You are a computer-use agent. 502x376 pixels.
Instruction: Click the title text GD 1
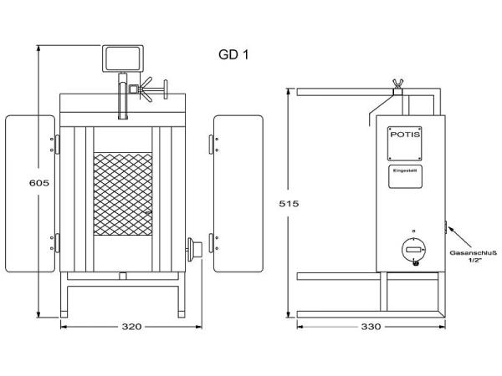(x=233, y=55)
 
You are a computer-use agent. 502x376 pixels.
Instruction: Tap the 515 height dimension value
(x=288, y=203)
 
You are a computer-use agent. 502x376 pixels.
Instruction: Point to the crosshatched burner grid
(x=123, y=194)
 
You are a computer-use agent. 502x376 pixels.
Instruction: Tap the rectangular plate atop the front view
(x=123, y=58)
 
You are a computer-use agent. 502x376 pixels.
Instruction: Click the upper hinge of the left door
(x=57, y=145)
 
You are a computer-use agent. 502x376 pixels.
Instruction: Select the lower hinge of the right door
(x=210, y=242)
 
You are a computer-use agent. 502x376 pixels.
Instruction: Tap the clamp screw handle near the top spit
(x=154, y=86)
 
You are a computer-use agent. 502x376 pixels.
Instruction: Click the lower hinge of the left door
(x=57, y=242)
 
